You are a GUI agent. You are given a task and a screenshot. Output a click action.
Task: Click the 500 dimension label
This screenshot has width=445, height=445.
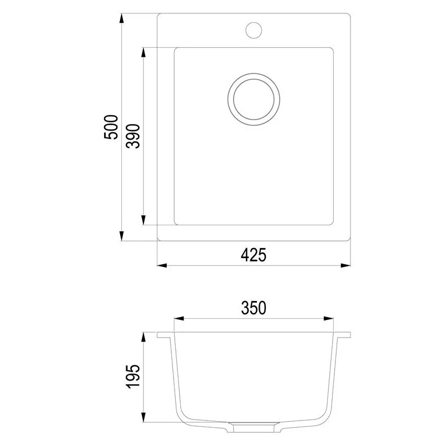[x=111, y=127]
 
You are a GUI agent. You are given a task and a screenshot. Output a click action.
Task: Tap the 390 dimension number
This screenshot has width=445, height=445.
[x=133, y=136]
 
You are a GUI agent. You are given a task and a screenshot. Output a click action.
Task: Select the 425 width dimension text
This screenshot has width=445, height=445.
[x=254, y=255]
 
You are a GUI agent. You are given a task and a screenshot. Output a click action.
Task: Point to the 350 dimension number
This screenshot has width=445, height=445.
[x=254, y=308]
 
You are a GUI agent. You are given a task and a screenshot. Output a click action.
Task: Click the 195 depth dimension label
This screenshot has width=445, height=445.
[x=133, y=376]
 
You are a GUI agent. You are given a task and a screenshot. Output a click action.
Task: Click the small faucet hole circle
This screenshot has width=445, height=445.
[x=254, y=31]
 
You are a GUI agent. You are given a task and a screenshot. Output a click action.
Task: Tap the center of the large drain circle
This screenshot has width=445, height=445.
[x=254, y=99]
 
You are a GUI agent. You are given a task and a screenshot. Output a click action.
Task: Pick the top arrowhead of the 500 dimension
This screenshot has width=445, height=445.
[x=121, y=19]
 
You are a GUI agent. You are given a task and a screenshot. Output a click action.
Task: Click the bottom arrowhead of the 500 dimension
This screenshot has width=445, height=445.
[x=121, y=236]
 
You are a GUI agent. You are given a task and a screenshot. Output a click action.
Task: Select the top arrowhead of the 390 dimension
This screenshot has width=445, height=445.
[x=144, y=53]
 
